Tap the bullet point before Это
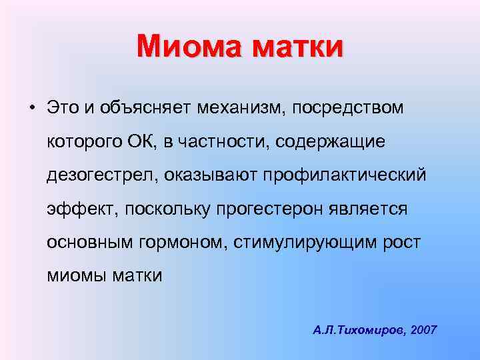point(31,107)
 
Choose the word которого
point(85,141)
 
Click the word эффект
point(81,209)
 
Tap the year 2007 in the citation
point(425,330)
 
